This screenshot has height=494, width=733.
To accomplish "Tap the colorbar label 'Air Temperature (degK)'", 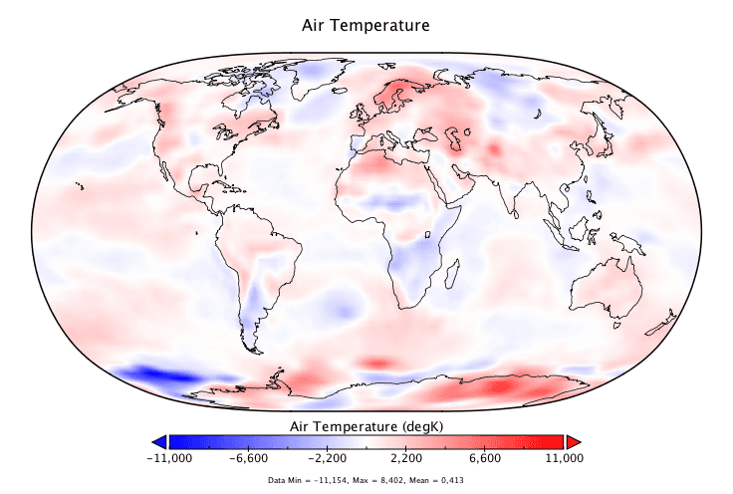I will (366, 425).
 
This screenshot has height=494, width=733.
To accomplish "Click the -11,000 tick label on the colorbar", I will (168, 458).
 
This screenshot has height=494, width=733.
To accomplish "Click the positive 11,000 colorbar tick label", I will (564, 458).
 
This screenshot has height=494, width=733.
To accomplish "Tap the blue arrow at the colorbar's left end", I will (158, 441).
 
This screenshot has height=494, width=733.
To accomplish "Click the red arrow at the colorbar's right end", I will (574, 441).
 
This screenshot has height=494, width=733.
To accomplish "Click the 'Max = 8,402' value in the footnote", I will (382, 480).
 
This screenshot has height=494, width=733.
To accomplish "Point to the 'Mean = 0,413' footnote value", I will (436, 480).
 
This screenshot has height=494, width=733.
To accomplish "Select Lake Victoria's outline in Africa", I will (426, 236).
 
